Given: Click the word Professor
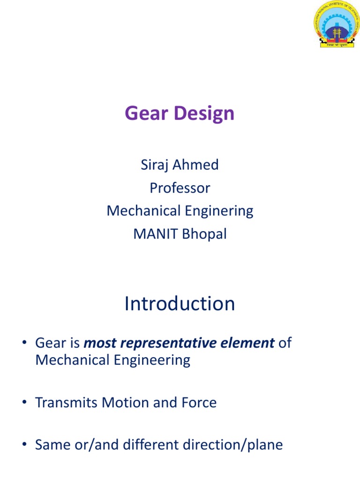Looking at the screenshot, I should click(180, 188).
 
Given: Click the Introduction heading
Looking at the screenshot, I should click(180, 304).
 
